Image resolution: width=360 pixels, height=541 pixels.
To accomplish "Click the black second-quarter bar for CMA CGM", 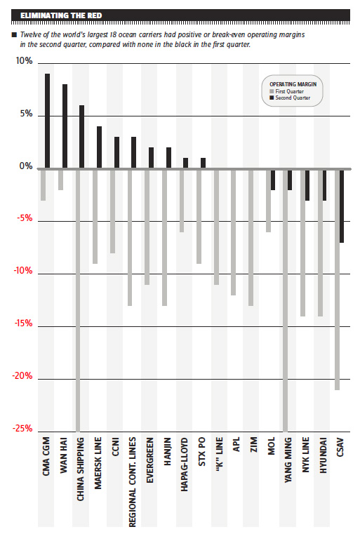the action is [x=47, y=121].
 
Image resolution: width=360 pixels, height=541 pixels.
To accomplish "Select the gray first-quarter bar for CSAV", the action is [x=338, y=280].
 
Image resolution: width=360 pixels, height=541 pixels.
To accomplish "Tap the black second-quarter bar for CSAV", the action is [x=342, y=206].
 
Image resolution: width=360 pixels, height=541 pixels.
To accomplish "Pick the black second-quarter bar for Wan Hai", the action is [x=65, y=126].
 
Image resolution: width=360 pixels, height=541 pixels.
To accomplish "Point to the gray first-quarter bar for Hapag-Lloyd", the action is [x=182, y=201].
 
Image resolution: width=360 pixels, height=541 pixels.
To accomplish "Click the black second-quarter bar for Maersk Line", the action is [x=100, y=147].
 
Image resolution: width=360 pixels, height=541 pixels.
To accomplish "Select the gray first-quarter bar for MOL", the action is [x=268, y=201].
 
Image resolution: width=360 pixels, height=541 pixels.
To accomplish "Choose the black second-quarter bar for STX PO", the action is [x=203, y=163].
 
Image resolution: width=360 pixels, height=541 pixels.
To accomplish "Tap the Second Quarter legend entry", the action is [x=290, y=98].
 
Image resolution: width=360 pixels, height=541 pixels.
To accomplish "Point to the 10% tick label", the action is [x=24, y=61].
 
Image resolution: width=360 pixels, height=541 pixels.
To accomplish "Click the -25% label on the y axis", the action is [x=22, y=429].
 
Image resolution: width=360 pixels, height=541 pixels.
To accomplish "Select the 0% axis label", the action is [x=26, y=166].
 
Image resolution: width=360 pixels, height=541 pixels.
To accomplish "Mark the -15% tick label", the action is [x=23, y=323].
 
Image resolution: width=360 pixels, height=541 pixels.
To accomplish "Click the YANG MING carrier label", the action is [x=288, y=460].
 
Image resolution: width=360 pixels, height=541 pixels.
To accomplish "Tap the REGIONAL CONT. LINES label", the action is [x=133, y=482].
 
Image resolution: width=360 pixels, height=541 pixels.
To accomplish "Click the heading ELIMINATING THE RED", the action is [x=61, y=15].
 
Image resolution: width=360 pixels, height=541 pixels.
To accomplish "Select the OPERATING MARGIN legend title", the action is [x=293, y=84].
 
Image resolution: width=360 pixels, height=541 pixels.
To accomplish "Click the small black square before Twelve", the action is [x=14, y=34].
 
